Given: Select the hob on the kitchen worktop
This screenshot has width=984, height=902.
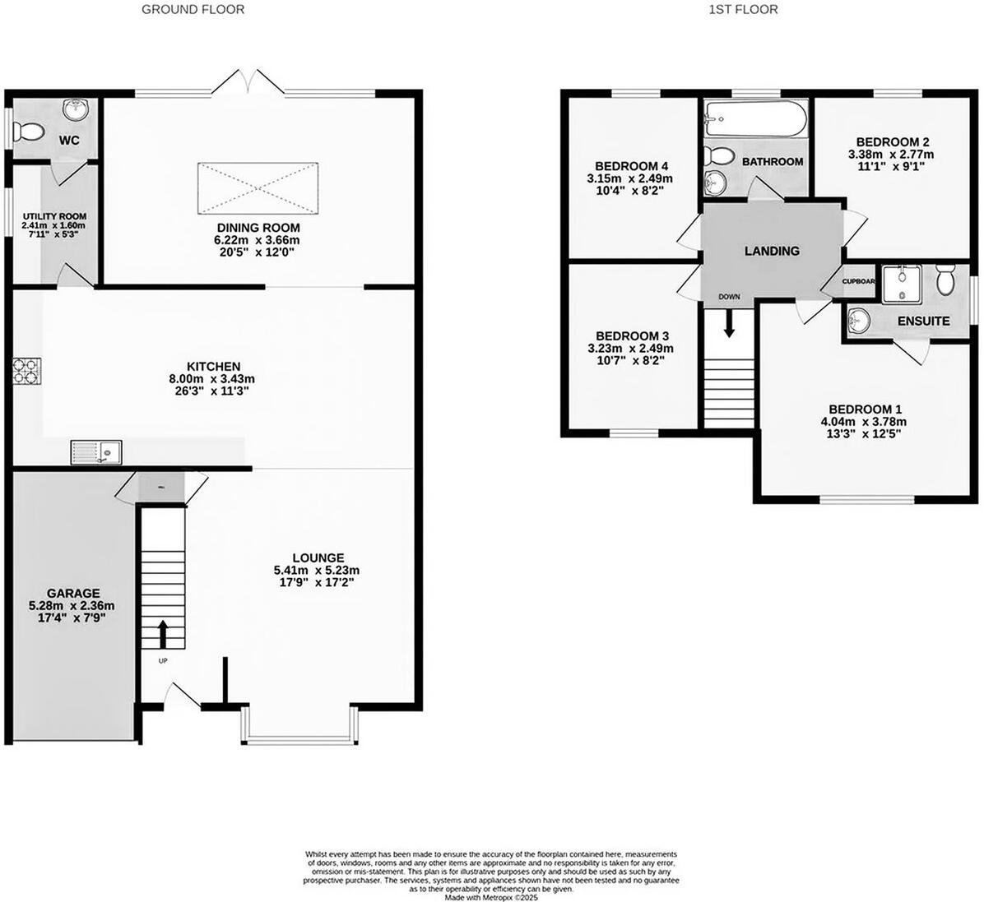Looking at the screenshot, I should point(26,372).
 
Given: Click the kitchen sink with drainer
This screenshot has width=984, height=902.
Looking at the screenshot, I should point(96,451).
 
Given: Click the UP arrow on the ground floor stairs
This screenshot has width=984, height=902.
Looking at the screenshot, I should point(163,635).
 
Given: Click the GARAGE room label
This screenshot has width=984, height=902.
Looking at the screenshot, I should point(73,593).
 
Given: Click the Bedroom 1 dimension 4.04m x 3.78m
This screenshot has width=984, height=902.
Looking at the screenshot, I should point(865,422).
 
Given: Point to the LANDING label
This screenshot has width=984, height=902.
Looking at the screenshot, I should point(772,251).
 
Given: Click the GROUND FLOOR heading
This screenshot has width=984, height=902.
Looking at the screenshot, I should point(193,10).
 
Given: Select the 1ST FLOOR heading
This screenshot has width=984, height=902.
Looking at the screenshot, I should point(743,10).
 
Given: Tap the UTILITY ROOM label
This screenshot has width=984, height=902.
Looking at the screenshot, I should point(54,216).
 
